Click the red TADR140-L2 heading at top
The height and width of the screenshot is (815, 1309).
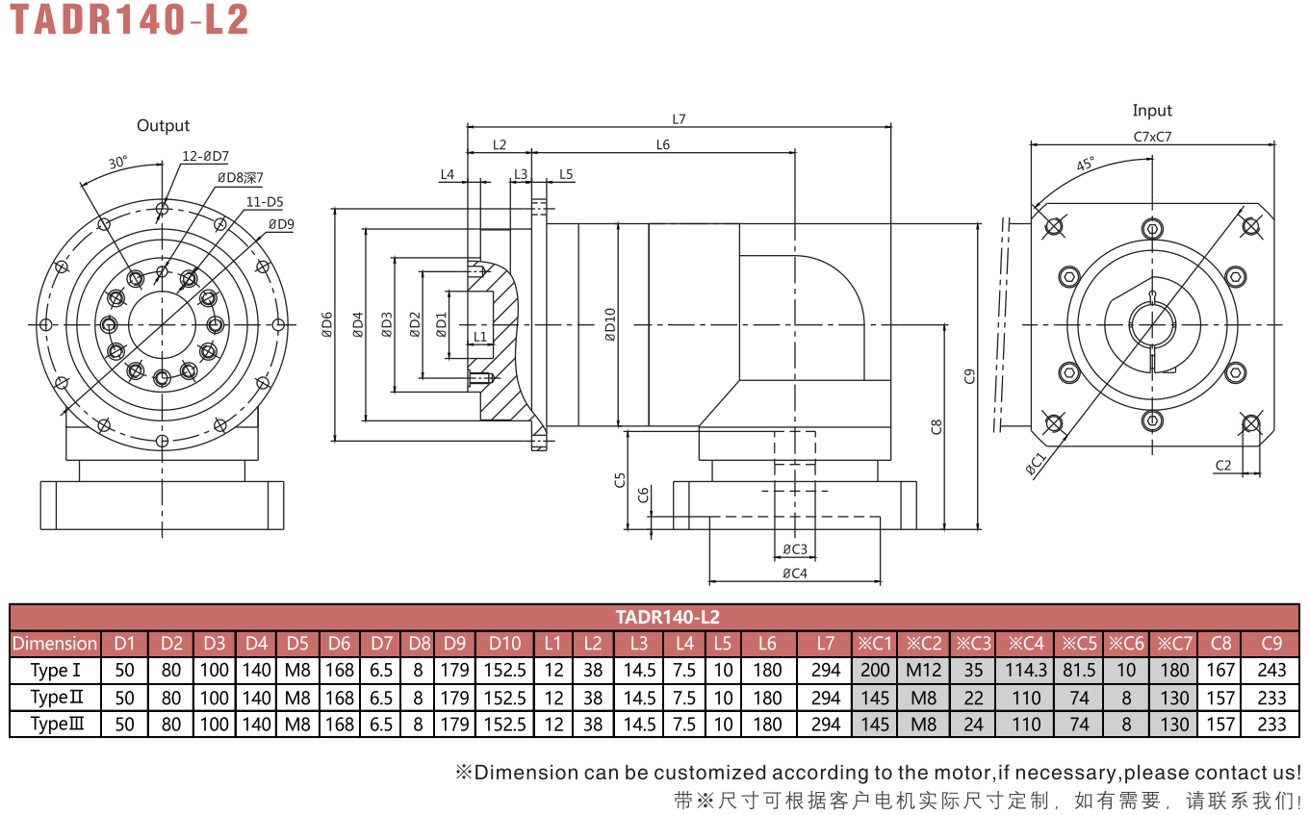129,19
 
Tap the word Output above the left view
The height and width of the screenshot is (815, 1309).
163,126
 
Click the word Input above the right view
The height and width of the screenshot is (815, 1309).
1152,111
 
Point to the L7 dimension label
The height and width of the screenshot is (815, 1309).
679,119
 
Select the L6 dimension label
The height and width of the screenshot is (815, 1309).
662,144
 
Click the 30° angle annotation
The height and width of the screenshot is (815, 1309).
118,162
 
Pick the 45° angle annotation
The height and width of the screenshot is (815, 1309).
1085,164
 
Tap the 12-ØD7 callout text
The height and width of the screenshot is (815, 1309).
205,156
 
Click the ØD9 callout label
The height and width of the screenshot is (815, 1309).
281,224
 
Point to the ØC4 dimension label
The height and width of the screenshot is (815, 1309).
795,573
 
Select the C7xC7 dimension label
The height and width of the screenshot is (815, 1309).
1152,137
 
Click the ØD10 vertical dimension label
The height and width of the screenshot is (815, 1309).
610,324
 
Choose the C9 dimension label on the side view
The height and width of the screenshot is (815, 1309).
969,376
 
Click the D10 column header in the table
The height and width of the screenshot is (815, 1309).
504,643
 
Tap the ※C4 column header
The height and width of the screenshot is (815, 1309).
1026,643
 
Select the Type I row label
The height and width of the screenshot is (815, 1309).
55,670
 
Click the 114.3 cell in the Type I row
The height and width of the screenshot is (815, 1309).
1026,670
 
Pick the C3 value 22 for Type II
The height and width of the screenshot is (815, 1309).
974,698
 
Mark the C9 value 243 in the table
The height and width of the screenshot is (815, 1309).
1271,670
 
